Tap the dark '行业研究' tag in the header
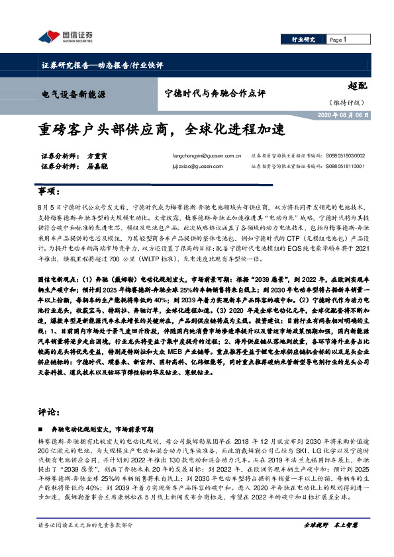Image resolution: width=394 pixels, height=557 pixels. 303,40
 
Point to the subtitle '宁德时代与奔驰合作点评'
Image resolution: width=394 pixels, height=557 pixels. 215,93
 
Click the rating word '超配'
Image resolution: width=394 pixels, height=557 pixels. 358,84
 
